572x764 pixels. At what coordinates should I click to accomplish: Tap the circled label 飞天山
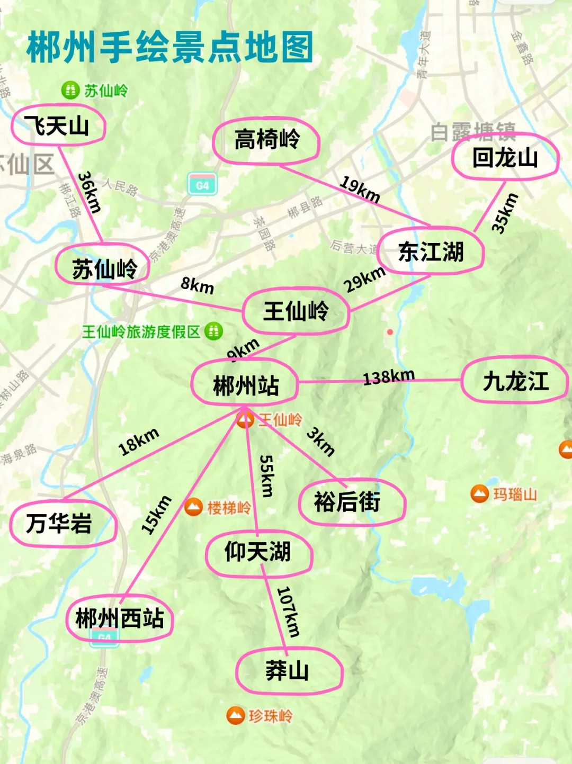pyautogui.click(x=58, y=126)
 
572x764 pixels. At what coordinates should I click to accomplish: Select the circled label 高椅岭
pyautogui.click(x=266, y=140)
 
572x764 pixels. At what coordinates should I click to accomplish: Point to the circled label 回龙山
pyautogui.click(x=505, y=157)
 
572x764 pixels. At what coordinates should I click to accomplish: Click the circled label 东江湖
pyautogui.click(x=431, y=251)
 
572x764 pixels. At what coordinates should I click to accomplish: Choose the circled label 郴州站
pyautogui.click(x=245, y=385)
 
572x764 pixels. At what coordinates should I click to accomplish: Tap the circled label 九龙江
pyautogui.click(x=515, y=381)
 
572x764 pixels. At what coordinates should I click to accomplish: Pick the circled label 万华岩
pyautogui.click(x=59, y=523)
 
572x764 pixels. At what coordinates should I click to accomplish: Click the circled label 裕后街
pyautogui.click(x=347, y=501)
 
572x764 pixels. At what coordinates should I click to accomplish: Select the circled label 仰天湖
pyautogui.click(x=258, y=552)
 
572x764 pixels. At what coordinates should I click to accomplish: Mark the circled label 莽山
pyautogui.click(x=288, y=671)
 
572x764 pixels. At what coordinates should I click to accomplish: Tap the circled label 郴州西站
pyautogui.click(x=120, y=618)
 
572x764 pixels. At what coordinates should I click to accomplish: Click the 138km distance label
pyautogui.click(x=389, y=377)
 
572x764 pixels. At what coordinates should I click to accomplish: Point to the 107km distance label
pyautogui.click(x=289, y=611)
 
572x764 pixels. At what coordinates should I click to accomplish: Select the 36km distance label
pyautogui.click(x=90, y=192)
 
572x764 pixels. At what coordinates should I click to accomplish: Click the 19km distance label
pyautogui.click(x=360, y=189)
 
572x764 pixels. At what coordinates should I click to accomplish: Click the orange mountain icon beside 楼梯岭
pyautogui.click(x=194, y=507)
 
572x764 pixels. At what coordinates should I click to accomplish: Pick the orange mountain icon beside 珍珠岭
pyautogui.click(x=235, y=715)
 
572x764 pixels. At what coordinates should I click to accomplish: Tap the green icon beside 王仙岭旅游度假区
pyautogui.click(x=213, y=331)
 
